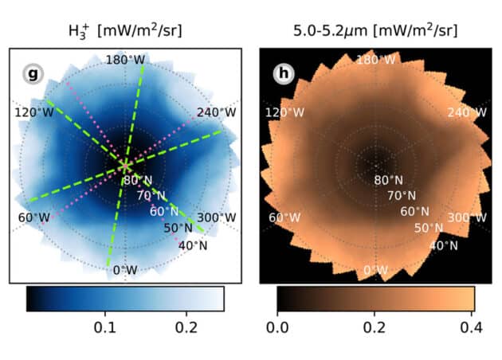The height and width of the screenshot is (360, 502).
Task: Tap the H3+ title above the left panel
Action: (125, 33)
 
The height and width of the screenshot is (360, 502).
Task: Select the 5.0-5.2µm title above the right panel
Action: (375, 33)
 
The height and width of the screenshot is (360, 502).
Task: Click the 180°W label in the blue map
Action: (125, 61)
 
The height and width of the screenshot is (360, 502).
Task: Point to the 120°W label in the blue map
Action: (33, 112)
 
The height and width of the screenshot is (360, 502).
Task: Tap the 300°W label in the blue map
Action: (217, 217)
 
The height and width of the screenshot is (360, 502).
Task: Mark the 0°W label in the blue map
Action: (125, 270)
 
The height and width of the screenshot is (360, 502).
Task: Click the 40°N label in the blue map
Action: (192, 245)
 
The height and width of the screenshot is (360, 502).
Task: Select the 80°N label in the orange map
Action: (390, 180)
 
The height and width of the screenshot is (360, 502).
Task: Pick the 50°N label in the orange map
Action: (428, 229)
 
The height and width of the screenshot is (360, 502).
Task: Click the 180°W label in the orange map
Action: (375, 61)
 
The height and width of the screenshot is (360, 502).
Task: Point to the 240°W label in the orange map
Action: (467, 112)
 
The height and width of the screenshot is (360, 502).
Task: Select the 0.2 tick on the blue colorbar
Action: (186, 327)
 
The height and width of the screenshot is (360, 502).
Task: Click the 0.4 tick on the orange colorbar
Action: (470, 327)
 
